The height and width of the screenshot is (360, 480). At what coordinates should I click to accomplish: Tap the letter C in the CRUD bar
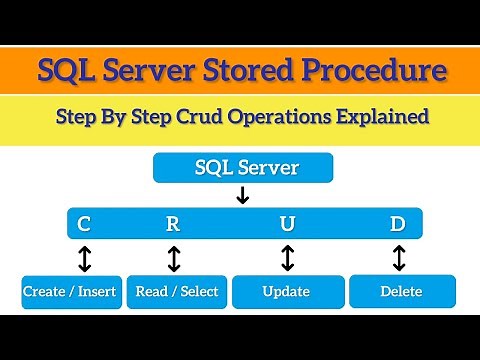[84, 222]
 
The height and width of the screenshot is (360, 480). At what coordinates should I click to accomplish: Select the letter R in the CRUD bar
[172, 222]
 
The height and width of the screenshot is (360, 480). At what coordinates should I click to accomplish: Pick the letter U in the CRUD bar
[288, 222]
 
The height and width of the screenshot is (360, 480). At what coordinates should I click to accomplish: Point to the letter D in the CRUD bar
[399, 222]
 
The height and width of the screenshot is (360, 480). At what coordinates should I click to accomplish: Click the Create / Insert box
[69, 292]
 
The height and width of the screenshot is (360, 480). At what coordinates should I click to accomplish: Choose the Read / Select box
[176, 292]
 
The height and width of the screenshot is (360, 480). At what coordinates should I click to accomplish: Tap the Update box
[287, 292]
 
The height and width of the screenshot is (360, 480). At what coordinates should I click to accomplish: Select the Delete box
[401, 292]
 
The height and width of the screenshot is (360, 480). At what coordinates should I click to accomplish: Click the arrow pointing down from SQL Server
[241, 195]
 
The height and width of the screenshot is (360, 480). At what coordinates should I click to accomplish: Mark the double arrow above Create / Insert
[84, 258]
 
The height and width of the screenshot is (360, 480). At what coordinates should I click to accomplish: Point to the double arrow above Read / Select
[174, 258]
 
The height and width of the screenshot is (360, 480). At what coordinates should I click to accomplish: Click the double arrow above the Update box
[288, 258]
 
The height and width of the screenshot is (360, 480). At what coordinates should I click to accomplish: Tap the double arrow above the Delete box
[399, 258]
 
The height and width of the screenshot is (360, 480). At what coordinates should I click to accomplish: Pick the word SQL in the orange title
[67, 71]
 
